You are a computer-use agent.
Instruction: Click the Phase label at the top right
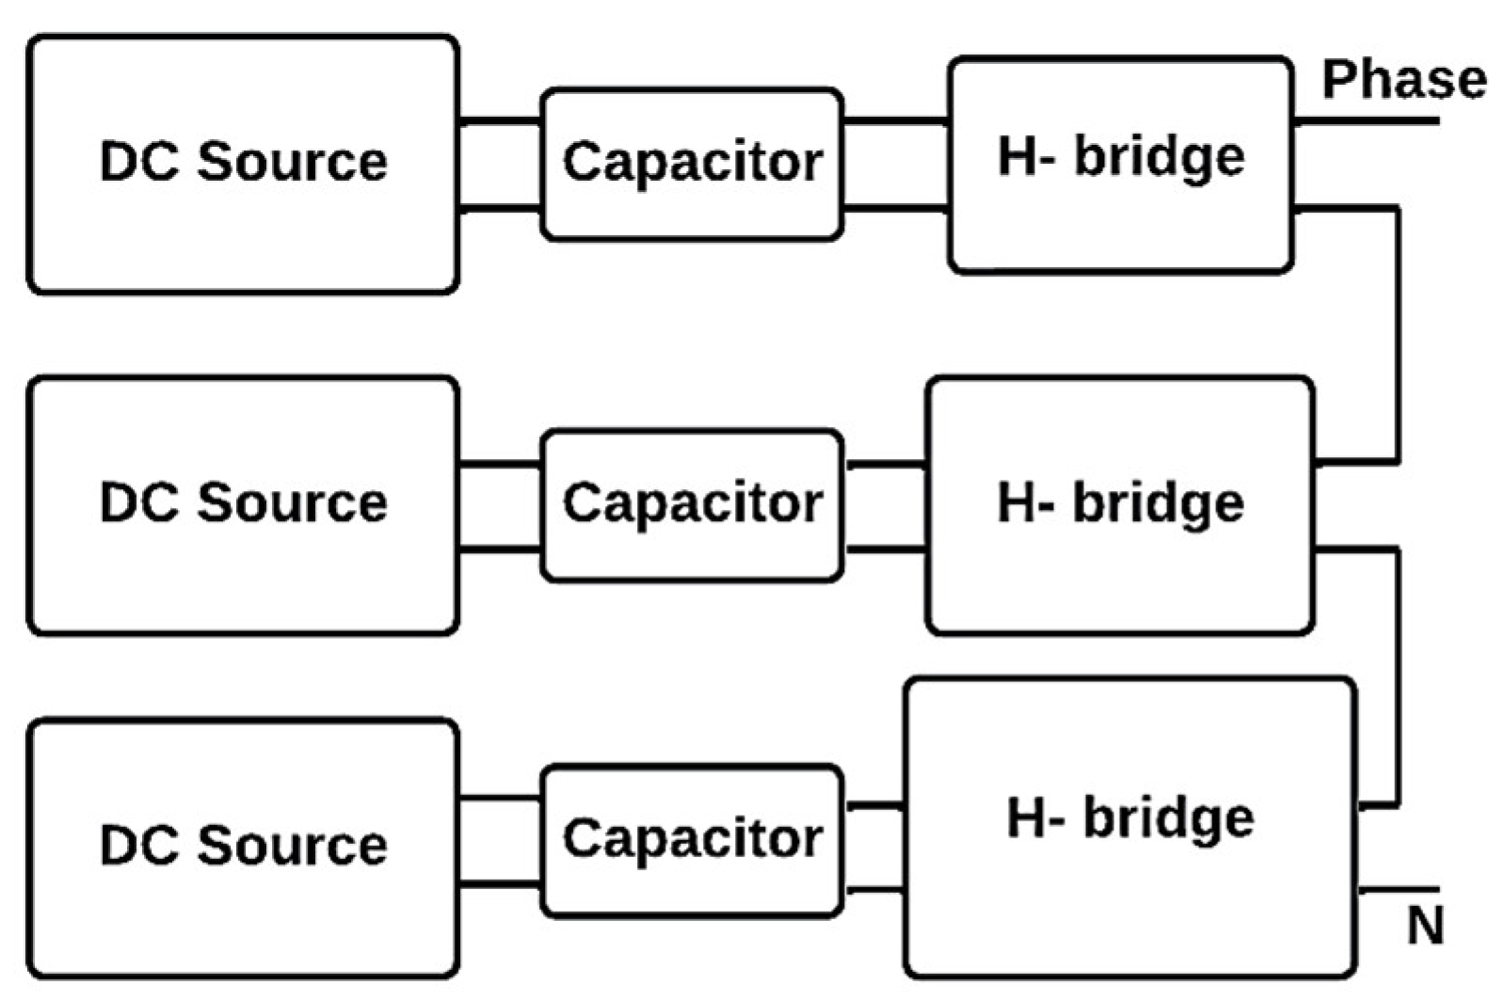pyautogui.click(x=1403, y=80)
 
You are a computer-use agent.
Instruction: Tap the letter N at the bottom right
pyautogui.click(x=1425, y=926)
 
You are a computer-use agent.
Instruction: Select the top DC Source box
pyautogui.click(x=243, y=164)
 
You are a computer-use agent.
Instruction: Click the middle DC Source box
pyautogui.click(x=243, y=505)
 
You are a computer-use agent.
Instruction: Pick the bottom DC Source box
pyautogui.click(x=243, y=847)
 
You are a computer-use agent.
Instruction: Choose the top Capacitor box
pyautogui.click(x=692, y=164)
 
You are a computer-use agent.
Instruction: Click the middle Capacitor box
pyautogui.click(x=692, y=505)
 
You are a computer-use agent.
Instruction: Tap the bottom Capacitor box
pyautogui.click(x=692, y=839)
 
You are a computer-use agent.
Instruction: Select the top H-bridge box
pyautogui.click(x=1120, y=165)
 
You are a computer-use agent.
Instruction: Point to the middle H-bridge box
pyautogui.click(x=1120, y=505)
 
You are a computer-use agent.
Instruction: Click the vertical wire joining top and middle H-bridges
pyautogui.click(x=1398, y=334)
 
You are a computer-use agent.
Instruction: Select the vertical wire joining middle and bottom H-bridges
pyautogui.click(x=1398, y=677)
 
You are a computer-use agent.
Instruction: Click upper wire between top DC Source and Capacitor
pyautogui.click(x=500, y=121)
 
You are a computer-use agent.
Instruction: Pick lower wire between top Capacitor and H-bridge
pyautogui.click(x=895, y=208)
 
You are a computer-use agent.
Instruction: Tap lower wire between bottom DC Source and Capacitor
pyautogui.click(x=500, y=884)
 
